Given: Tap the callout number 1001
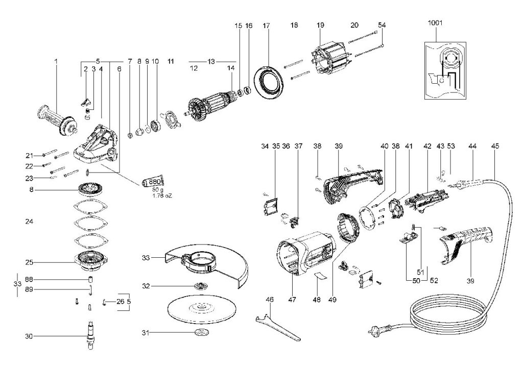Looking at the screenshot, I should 436,23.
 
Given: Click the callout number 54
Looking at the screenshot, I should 382,25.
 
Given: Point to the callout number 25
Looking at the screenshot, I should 30,262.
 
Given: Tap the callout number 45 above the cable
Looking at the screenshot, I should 495,146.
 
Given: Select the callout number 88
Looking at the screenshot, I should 30,279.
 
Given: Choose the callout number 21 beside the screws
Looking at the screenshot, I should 30,155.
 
